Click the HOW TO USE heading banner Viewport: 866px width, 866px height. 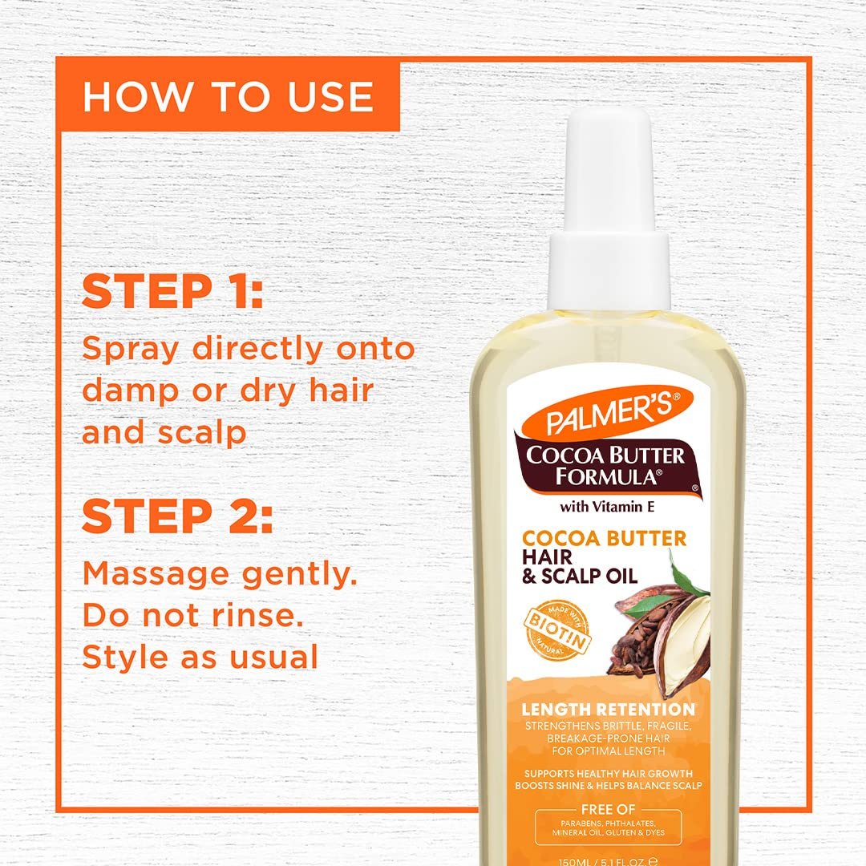(x=228, y=96)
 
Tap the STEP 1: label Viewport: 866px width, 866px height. (x=172, y=292)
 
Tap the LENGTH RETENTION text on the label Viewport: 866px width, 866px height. (x=608, y=710)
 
